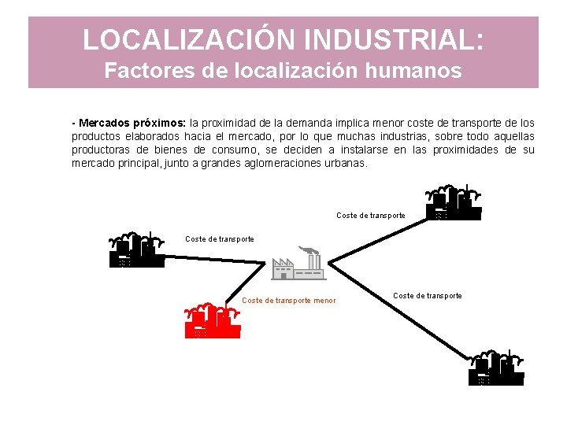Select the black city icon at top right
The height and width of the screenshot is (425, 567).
click(453, 203)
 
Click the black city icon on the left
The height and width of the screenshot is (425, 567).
click(136, 251)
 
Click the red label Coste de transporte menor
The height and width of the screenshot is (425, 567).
click(288, 300)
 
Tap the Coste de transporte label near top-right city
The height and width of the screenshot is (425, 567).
click(371, 215)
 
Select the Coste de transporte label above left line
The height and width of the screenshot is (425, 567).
click(220, 238)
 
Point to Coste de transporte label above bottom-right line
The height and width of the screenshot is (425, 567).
click(428, 295)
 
